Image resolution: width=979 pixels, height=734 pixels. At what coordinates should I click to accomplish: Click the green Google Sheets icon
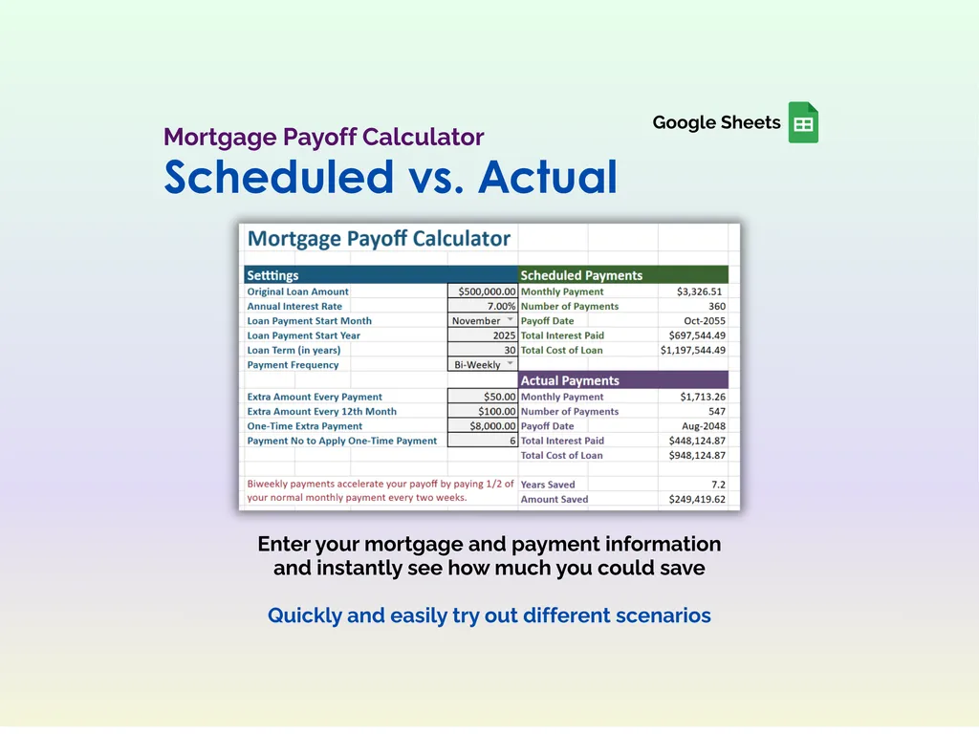point(803,122)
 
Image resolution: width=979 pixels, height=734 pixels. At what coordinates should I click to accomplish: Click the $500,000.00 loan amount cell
point(483,291)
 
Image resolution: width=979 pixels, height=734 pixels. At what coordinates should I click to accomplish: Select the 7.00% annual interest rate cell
point(483,307)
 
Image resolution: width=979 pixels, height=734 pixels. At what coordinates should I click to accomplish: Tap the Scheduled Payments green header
point(622,275)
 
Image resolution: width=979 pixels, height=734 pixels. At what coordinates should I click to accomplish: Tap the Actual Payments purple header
point(622,380)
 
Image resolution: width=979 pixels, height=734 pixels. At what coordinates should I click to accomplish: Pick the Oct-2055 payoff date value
point(704,321)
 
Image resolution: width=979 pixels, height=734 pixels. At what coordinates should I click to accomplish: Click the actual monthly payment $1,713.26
point(702,397)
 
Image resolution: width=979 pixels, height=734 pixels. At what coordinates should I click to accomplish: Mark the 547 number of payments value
point(716,412)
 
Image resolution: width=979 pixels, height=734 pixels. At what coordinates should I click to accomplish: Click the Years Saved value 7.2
point(717,485)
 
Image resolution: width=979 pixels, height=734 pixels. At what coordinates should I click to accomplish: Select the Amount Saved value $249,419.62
point(693,499)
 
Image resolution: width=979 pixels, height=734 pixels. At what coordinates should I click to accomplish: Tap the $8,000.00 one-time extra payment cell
point(483,426)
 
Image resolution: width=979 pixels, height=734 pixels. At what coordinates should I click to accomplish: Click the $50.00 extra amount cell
point(483,397)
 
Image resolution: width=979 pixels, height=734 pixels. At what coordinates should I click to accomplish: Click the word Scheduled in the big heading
point(278,177)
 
